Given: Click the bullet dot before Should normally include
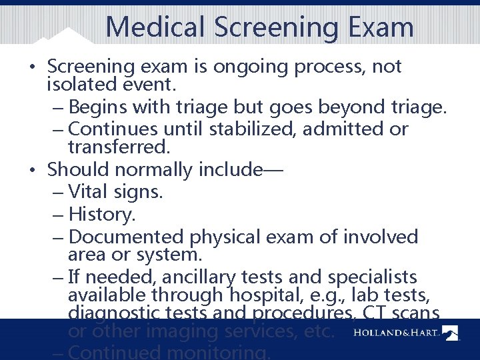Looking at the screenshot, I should (32, 169).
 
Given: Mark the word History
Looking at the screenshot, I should (101, 215).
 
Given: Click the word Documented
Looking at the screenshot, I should (126, 237).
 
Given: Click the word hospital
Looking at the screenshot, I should (261, 295).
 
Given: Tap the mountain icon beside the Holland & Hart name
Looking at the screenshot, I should (451, 332).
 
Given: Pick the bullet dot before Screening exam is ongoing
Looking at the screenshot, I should (32, 67).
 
